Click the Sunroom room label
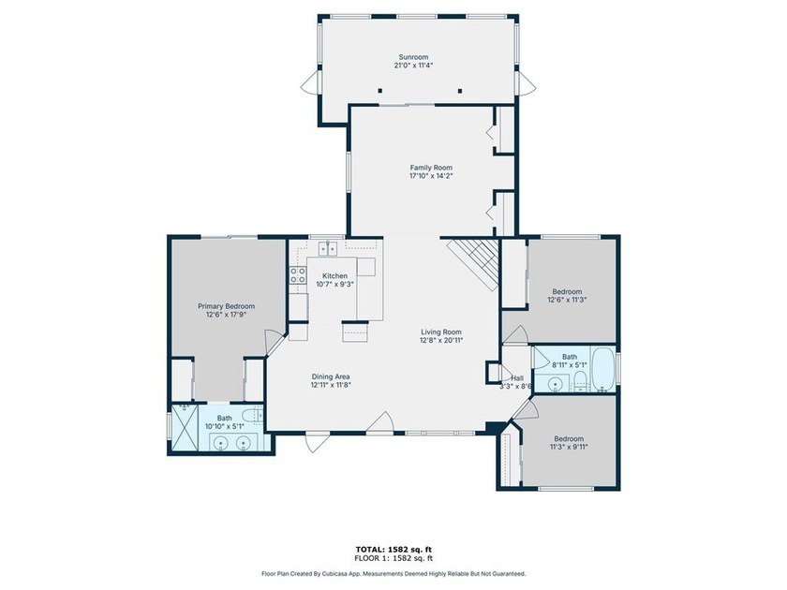[x=413, y=57]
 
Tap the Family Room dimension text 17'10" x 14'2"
[x=431, y=176]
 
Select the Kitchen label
[x=334, y=276]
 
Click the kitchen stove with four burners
[x=298, y=275]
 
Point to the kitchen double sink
[x=328, y=248]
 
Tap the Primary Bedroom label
[x=227, y=306]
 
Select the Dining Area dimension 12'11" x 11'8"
[x=331, y=385]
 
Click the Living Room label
[x=441, y=332]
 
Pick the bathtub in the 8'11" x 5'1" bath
[x=603, y=370]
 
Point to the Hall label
[x=517, y=377]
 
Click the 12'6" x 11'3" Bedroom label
[x=567, y=291]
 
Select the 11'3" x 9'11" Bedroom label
[x=569, y=438]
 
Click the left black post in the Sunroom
[x=380, y=91]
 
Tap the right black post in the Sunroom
[x=460, y=91]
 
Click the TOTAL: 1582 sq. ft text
[x=393, y=550]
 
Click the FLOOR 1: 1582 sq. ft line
[x=393, y=558]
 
